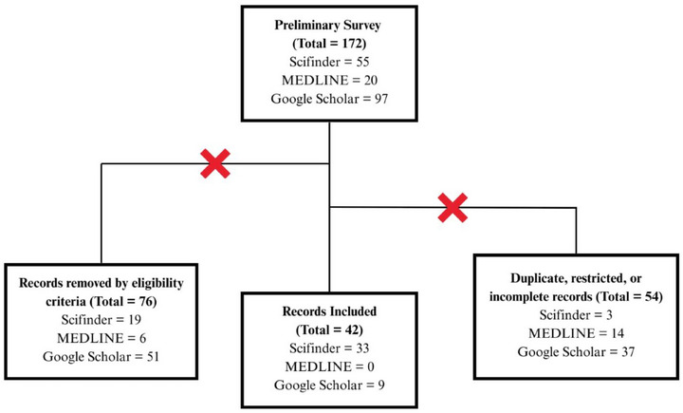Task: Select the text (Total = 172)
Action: (x=328, y=44)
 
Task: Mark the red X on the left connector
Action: (x=215, y=164)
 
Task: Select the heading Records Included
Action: (x=328, y=310)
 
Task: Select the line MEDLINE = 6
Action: (x=101, y=339)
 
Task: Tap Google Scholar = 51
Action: (x=101, y=358)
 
